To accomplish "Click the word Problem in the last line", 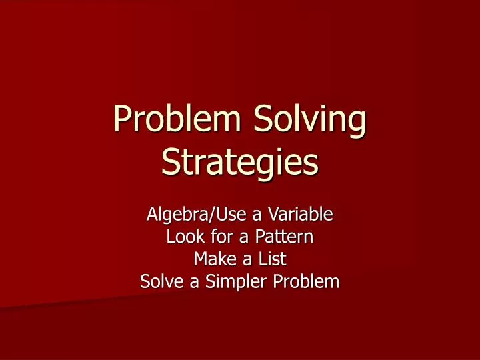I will pos(305,282).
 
